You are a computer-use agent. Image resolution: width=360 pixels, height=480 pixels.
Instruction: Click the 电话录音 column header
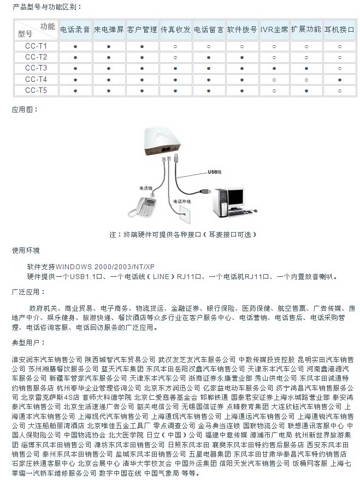click(x=75, y=29)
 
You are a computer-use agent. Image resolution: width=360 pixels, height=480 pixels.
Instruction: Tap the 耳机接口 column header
click(x=340, y=29)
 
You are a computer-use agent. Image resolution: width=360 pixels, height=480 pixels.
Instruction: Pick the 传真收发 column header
click(x=175, y=29)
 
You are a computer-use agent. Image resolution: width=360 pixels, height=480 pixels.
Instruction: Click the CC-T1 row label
click(x=36, y=46)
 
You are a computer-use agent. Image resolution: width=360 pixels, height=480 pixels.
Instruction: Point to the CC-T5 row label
click(x=36, y=90)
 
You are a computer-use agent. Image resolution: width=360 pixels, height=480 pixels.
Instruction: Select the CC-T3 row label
click(x=36, y=68)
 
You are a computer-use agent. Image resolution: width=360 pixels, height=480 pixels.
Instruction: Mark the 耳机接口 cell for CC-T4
click(x=340, y=79)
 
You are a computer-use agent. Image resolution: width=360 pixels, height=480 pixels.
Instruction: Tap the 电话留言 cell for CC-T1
click(x=208, y=46)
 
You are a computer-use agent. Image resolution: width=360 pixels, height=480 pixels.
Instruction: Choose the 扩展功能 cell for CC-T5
click(x=306, y=90)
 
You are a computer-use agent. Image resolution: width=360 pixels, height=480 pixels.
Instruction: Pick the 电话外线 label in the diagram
click(x=182, y=201)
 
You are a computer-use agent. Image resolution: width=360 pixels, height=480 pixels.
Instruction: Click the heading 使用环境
click(x=26, y=251)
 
